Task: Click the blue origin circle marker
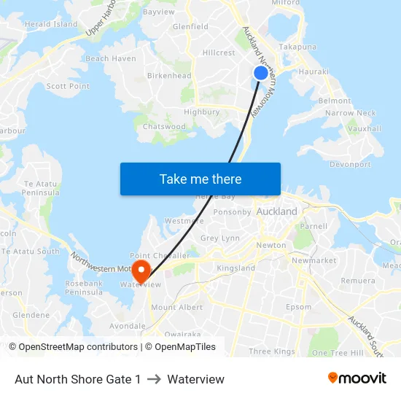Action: click(x=260, y=73)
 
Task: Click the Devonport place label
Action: click(x=350, y=165)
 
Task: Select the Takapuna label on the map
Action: click(x=297, y=47)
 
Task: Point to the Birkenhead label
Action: click(x=169, y=76)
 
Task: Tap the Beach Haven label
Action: click(x=111, y=59)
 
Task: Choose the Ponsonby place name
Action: click(x=232, y=212)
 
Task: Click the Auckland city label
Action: click(x=277, y=211)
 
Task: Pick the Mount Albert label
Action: click(x=176, y=308)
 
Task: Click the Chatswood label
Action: click(x=164, y=127)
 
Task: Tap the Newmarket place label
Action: click(x=314, y=260)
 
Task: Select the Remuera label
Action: click(x=358, y=281)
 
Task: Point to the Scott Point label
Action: click(x=68, y=86)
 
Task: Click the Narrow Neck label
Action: click(x=351, y=113)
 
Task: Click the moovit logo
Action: click(x=357, y=378)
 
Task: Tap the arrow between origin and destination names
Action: click(x=154, y=379)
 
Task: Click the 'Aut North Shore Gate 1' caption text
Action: click(x=78, y=379)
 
